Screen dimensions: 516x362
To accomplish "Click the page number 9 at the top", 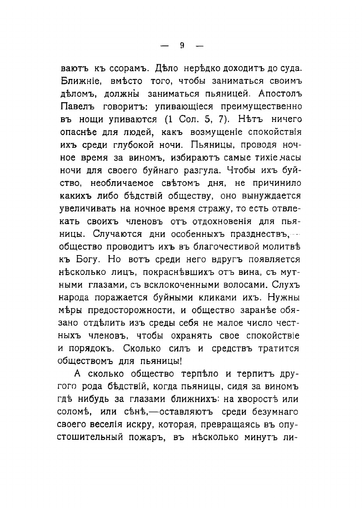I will click(181, 45).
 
